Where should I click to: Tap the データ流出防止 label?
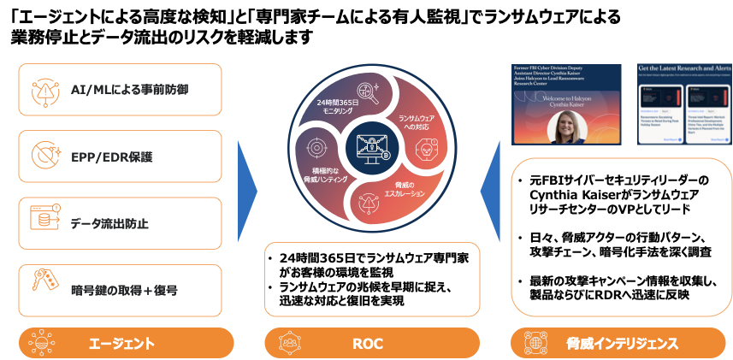(x=109, y=224)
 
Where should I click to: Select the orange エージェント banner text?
(x=121, y=344)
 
